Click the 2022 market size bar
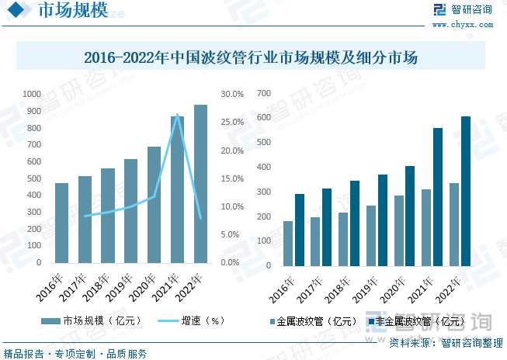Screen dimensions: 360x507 (200, 184)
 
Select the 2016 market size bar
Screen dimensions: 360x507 (62, 223)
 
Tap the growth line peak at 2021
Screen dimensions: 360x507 (178, 115)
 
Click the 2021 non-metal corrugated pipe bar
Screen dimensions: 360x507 (438, 197)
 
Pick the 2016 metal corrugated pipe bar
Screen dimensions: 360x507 (289, 244)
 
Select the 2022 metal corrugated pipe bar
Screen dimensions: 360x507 (454, 225)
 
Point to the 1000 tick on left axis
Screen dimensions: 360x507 (32, 94)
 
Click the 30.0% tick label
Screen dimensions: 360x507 (233, 94)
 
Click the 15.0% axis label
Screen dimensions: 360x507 (233, 178)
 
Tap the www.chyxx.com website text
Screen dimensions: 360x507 (471, 24)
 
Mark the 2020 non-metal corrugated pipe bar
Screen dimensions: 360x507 (410, 216)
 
